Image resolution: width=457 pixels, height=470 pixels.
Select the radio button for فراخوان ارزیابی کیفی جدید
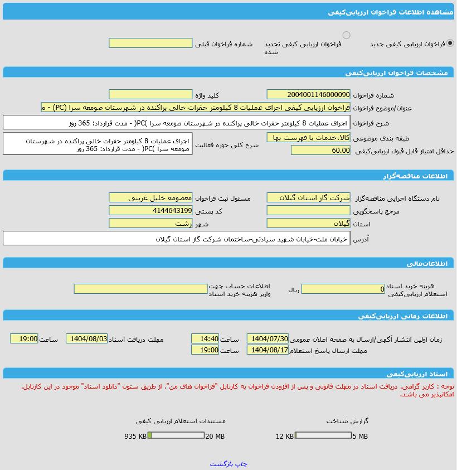(450, 43)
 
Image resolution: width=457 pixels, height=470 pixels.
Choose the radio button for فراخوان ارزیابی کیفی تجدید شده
(346, 35)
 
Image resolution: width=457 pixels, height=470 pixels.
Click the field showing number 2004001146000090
(308, 95)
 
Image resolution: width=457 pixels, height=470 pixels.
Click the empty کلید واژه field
(150, 95)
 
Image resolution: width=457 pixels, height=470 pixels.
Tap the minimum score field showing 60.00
(320, 150)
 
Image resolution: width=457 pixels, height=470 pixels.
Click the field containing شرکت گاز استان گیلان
(308, 197)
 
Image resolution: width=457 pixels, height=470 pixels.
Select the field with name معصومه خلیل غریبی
(150, 197)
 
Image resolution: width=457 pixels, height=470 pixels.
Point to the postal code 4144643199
(150, 210)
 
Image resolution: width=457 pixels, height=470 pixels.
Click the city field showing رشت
(150, 223)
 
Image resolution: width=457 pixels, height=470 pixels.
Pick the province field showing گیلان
(308, 223)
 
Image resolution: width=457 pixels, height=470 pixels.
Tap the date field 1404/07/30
(268, 338)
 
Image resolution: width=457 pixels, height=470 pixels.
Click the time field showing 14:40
(205, 338)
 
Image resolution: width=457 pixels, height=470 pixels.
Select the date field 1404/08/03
(86, 338)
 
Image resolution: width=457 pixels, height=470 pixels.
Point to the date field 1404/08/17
(268, 350)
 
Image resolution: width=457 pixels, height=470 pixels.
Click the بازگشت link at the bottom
(221, 464)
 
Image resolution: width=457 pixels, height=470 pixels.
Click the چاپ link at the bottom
(241, 464)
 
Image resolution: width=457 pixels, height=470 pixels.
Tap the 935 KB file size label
(135, 436)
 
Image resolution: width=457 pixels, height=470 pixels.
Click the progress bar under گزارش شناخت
(323, 435)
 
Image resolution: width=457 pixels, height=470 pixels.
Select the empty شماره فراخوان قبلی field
(150, 43)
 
